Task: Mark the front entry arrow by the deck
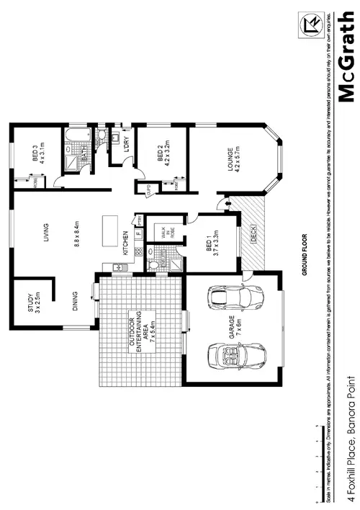click(x=229, y=205)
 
